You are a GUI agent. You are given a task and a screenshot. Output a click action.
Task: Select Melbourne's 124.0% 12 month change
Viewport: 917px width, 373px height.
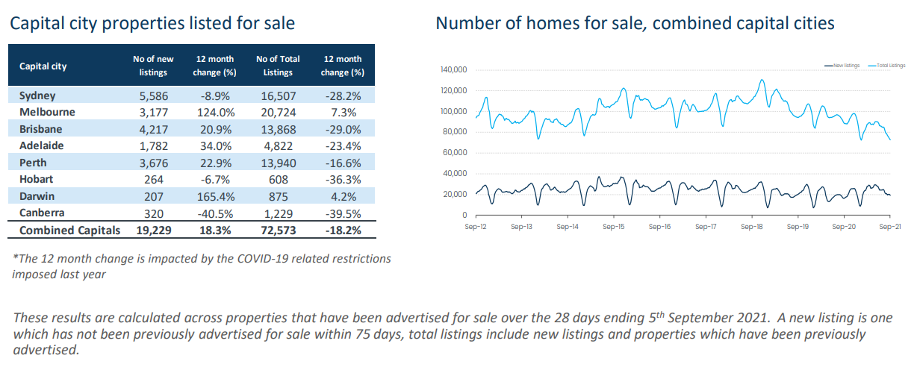[214, 113]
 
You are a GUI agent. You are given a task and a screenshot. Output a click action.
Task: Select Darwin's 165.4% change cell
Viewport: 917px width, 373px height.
[214, 197]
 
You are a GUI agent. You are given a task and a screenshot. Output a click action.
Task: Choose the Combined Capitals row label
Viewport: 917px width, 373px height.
[69, 231]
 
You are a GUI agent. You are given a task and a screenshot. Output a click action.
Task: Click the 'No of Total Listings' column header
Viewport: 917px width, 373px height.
[278, 66]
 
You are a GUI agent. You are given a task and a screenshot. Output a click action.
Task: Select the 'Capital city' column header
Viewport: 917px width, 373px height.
[43, 66]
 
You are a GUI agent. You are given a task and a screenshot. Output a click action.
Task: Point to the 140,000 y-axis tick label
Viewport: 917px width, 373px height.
[454, 70]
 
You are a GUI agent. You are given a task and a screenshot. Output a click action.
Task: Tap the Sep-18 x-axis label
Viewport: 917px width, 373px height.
[752, 226]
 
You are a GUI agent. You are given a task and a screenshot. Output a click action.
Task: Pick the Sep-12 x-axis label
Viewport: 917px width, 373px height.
[476, 226]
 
